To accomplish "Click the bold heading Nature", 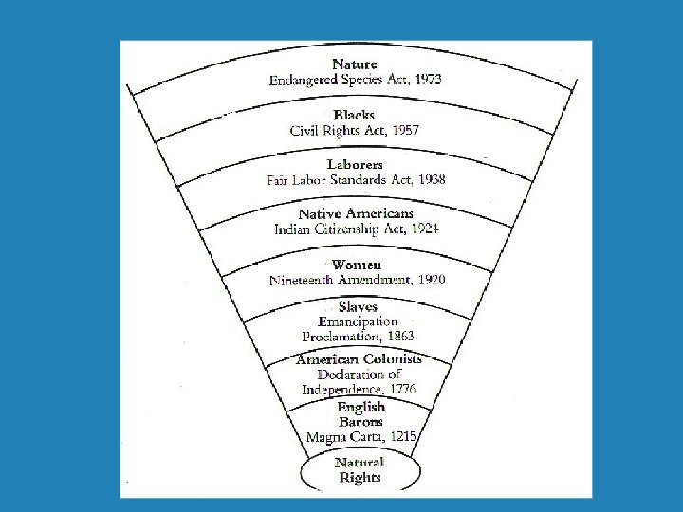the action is [356, 64].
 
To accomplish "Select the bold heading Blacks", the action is [354, 115].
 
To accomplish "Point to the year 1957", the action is [403, 130].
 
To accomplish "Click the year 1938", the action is [429, 179].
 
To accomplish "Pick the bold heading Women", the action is [356, 265].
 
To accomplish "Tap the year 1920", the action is [427, 280].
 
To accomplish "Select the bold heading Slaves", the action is [357, 307].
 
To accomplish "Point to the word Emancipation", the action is [358, 321].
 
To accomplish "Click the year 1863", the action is [397, 336].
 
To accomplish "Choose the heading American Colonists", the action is [359, 359].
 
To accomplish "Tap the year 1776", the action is [398, 389].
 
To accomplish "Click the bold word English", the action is [360, 407].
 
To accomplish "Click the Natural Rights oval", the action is [360, 470].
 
